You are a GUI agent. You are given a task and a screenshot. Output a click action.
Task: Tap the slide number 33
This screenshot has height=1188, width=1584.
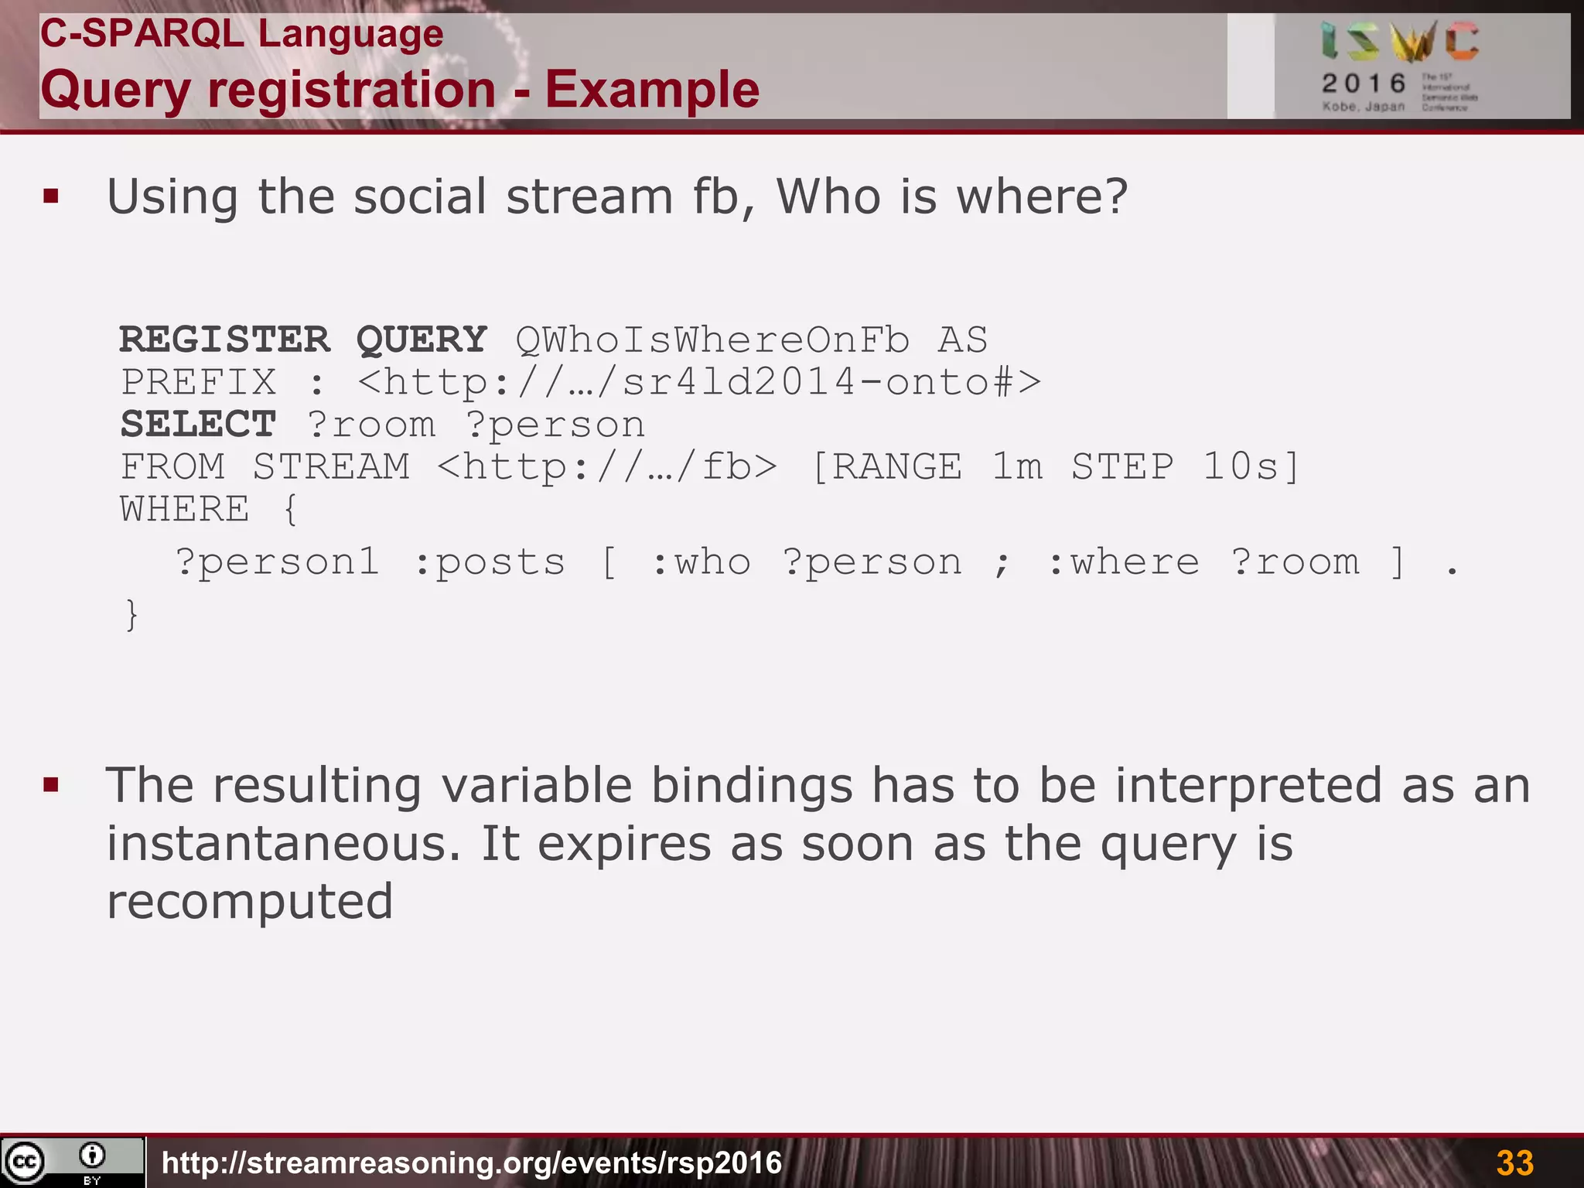pos(1514,1162)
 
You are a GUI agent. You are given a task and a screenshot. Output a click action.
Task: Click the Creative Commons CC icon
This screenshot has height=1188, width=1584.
pos(25,1162)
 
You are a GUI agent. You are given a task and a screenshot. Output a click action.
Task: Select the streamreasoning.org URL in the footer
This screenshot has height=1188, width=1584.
pos(472,1162)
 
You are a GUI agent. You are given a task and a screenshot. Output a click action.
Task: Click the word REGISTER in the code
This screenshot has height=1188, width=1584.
pos(225,340)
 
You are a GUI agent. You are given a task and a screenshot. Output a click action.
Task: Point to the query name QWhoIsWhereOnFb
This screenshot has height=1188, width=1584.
pos(712,340)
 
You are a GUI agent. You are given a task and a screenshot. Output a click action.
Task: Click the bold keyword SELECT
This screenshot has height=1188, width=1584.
pos(199,425)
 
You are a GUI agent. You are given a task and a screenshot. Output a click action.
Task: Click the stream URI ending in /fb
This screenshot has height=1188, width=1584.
pos(607,467)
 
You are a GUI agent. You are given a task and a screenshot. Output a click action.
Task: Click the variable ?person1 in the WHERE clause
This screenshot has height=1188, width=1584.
pos(278,562)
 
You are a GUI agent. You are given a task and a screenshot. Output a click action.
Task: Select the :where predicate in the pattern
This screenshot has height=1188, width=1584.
pos(1123,562)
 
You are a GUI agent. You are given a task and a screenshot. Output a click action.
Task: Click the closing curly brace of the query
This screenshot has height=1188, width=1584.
pos(132,615)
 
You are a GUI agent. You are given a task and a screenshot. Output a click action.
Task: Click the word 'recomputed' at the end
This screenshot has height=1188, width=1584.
pos(250,901)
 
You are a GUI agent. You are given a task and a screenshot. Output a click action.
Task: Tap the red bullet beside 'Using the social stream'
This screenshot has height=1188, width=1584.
pos(52,196)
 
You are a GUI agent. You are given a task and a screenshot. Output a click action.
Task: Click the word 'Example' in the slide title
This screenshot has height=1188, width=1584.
pos(652,90)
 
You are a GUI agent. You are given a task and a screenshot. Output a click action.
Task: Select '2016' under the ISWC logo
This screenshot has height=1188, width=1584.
pos(1364,83)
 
